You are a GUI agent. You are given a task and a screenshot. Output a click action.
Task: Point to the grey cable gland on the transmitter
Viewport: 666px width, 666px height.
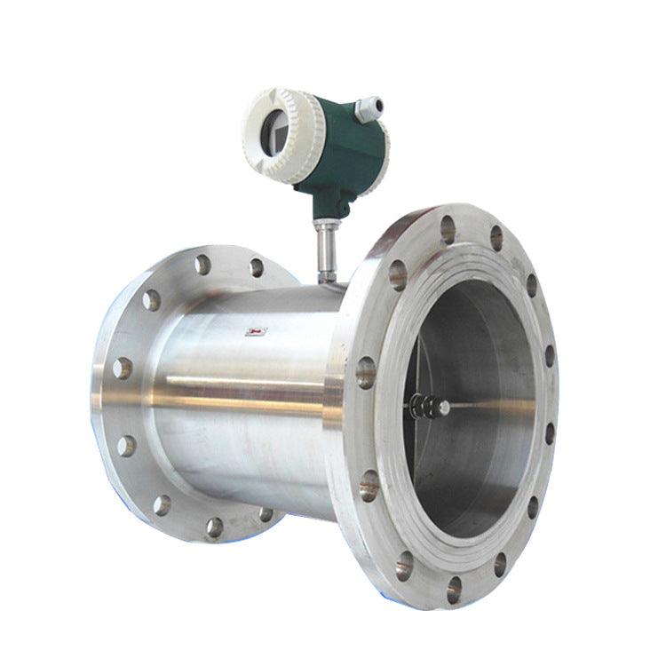point(368,108)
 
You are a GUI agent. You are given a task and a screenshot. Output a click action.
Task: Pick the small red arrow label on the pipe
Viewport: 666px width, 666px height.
point(256,332)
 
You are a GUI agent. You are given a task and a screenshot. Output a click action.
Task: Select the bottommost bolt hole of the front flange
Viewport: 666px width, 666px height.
point(454,586)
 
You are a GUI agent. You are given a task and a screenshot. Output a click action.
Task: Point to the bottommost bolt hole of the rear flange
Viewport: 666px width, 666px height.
point(214,528)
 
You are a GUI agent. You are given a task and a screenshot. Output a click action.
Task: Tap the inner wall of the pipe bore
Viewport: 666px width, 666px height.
point(497,462)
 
